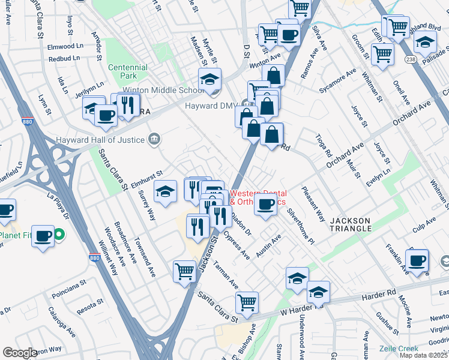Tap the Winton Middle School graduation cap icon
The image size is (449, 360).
pyautogui.click(x=209, y=79)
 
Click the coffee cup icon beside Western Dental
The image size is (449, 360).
pyautogui.click(x=265, y=204)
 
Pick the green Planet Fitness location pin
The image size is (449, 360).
pyautogui.click(x=59, y=235)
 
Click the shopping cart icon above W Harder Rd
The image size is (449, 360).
pyautogui.click(x=247, y=302)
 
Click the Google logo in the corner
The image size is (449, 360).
pyautogui.click(x=20, y=353)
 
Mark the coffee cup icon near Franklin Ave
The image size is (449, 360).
pyautogui.click(x=417, y=260)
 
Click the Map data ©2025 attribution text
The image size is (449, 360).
pyautogui.click(x=424, y=355)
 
